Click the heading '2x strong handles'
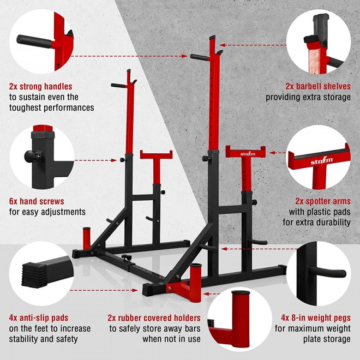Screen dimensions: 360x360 pyautogui.click(x=41, y=86)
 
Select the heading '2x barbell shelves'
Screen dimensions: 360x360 pyautogui.click(x=317, y=86)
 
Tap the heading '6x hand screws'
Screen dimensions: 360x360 pyautogui.click(x=37, y=201)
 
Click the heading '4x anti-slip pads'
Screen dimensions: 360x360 pyautogui.click(x=39, y=318)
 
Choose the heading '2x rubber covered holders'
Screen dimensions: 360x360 pyautogui.click(x=154, y=318)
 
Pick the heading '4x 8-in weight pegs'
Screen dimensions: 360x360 pyautogui.click(x=316, y=318)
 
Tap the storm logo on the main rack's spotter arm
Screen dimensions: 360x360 pyautogui.click(x=248, y=154)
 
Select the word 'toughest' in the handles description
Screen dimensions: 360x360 pyautogui.click(x=27, y=107)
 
